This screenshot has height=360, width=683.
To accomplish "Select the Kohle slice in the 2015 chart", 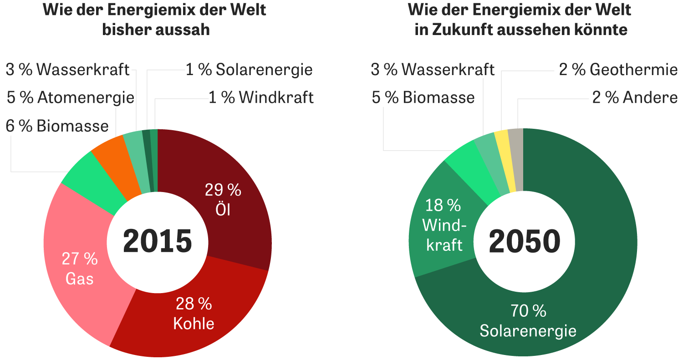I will coord(191,314).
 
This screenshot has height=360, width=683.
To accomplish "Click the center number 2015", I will coord(158,242).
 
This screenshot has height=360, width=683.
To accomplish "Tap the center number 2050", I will coord(524,242).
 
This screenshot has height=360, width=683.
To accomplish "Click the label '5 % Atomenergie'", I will coord(71,97).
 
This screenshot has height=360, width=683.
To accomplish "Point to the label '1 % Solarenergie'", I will coord(249,70).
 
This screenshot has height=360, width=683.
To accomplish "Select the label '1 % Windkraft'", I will coord(261,97).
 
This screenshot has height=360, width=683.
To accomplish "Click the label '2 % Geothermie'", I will coord(618,70).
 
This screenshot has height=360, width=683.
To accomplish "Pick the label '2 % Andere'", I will coord(635,97).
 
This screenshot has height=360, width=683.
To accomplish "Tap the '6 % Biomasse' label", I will coord(57,126).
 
